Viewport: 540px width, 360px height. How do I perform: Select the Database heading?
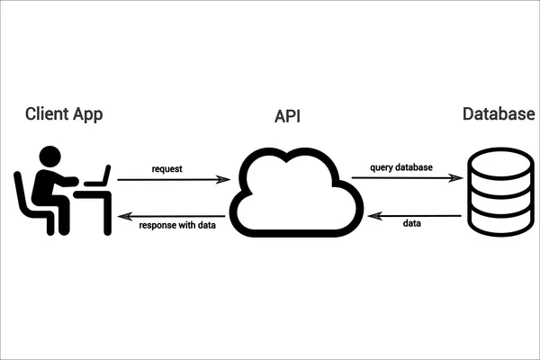pos(497,114)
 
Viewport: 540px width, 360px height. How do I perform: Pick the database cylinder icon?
pos(498,194)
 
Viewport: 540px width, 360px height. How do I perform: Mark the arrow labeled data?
pos(413,214)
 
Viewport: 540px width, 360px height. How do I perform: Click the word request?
pos(168,168)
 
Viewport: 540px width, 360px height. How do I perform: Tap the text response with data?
pos(176,226)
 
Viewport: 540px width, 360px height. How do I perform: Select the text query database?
pos(402,167)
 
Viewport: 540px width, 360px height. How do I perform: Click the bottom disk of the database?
pos(498,223)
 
